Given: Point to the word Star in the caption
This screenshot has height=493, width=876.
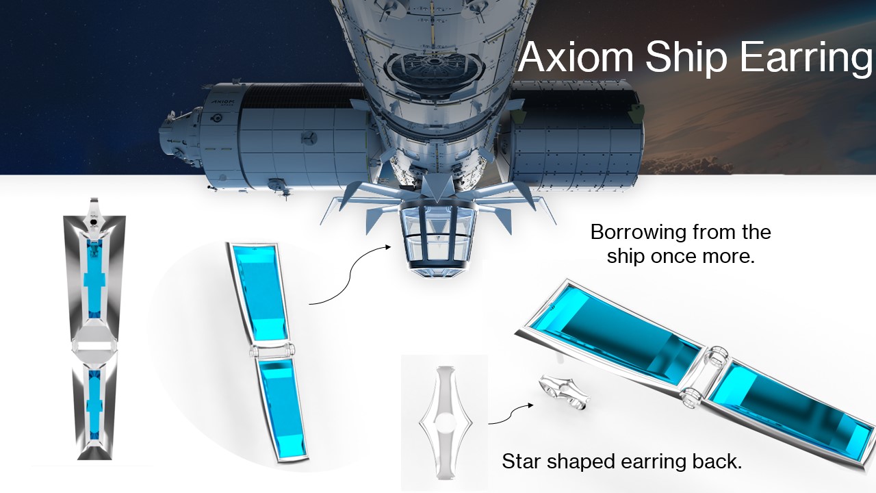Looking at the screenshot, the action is pos(522,461).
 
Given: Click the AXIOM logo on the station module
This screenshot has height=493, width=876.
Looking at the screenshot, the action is pos(222,103).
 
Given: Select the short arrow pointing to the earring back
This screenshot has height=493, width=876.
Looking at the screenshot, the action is pos(511,414).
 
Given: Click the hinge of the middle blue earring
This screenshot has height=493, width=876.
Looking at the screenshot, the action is pos(271,351).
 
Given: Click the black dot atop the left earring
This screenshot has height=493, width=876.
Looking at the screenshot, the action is pos(94,223).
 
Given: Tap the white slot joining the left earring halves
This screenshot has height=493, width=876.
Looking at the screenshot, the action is pos(94,346).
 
